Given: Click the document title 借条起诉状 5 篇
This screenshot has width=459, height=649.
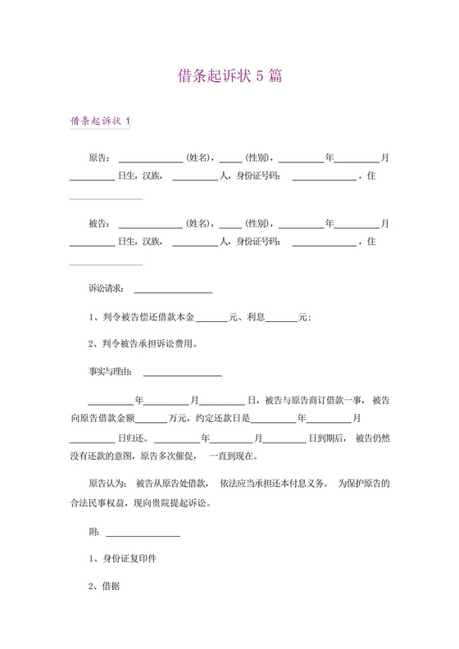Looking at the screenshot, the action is pyautogui.click(x=230, y=76).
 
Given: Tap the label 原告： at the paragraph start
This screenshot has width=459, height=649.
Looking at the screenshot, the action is pyautogui.click(x=99, y=157).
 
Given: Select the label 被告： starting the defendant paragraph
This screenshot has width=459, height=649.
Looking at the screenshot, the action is pyautogui.click(x=99, y=224).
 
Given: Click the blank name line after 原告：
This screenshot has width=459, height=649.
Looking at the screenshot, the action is pyautogui.click(x=150, y=159).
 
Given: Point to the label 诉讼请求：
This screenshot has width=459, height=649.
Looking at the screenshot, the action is pyautogui.click(x=106, y=288).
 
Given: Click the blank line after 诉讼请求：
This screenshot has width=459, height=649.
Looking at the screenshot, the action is pyautogui.click(x=172, y=291).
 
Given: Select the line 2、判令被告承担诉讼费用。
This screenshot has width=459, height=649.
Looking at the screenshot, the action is pyautogui.click(x=142, y=343).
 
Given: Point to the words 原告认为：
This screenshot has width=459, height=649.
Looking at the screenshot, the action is pyautogui.click(x=107, y=481).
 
